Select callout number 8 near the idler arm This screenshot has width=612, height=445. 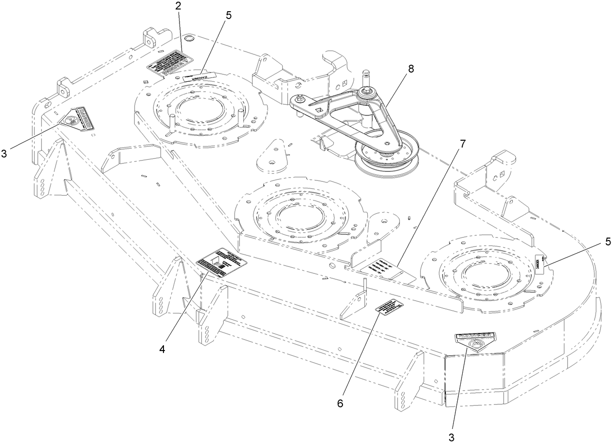(411, 69)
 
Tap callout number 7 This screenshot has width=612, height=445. (463, 144)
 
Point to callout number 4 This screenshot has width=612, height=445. (162, 349)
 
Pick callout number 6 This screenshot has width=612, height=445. (340, 403)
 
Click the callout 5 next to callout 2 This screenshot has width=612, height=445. (228, 15)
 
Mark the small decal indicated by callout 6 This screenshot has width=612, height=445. (389, 309)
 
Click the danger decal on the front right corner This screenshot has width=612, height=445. (475, 340)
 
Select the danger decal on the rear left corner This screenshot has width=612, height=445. (76, 118)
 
